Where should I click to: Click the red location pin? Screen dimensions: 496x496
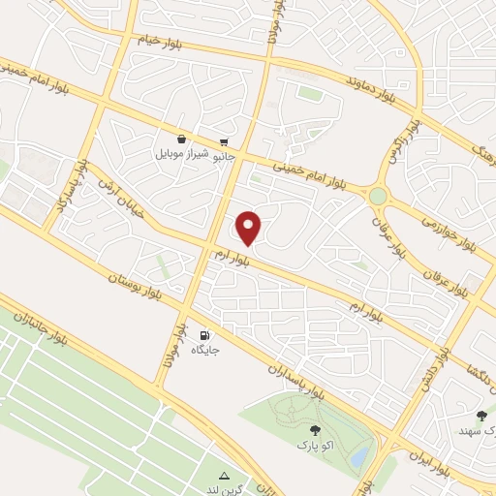(x=249, y=228)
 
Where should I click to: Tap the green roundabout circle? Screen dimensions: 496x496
(x=377, y=197)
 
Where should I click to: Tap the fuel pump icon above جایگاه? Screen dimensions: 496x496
(x=203, y=331)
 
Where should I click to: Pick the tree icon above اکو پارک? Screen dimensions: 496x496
(x=314, y=430)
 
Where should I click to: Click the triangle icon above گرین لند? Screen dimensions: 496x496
(x=225, y=476)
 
